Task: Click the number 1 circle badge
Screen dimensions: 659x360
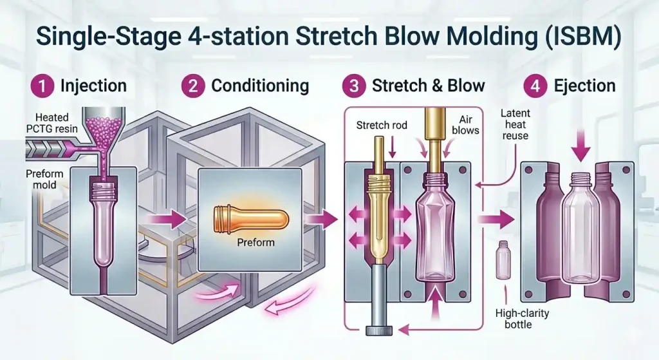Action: (x=42, y=86)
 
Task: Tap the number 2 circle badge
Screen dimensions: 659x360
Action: (x=193, y=86)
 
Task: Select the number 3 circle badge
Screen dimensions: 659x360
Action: (x=354, y=86)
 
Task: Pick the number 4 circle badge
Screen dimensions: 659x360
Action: (x=535, y=86)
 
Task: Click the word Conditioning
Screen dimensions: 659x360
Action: (x=260, y=86)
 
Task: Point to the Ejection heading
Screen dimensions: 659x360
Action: (x=584, y=86)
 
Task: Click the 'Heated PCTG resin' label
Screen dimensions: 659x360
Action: (x=51, y=123)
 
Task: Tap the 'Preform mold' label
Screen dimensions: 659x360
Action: (x=44, y=179)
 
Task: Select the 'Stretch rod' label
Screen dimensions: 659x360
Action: (x=382, y=126)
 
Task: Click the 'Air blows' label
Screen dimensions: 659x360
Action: (x=465, y=125)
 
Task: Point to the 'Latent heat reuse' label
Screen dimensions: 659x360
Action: (x=515, y=124)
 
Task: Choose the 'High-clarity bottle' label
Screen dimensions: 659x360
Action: (x=522, y=319)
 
